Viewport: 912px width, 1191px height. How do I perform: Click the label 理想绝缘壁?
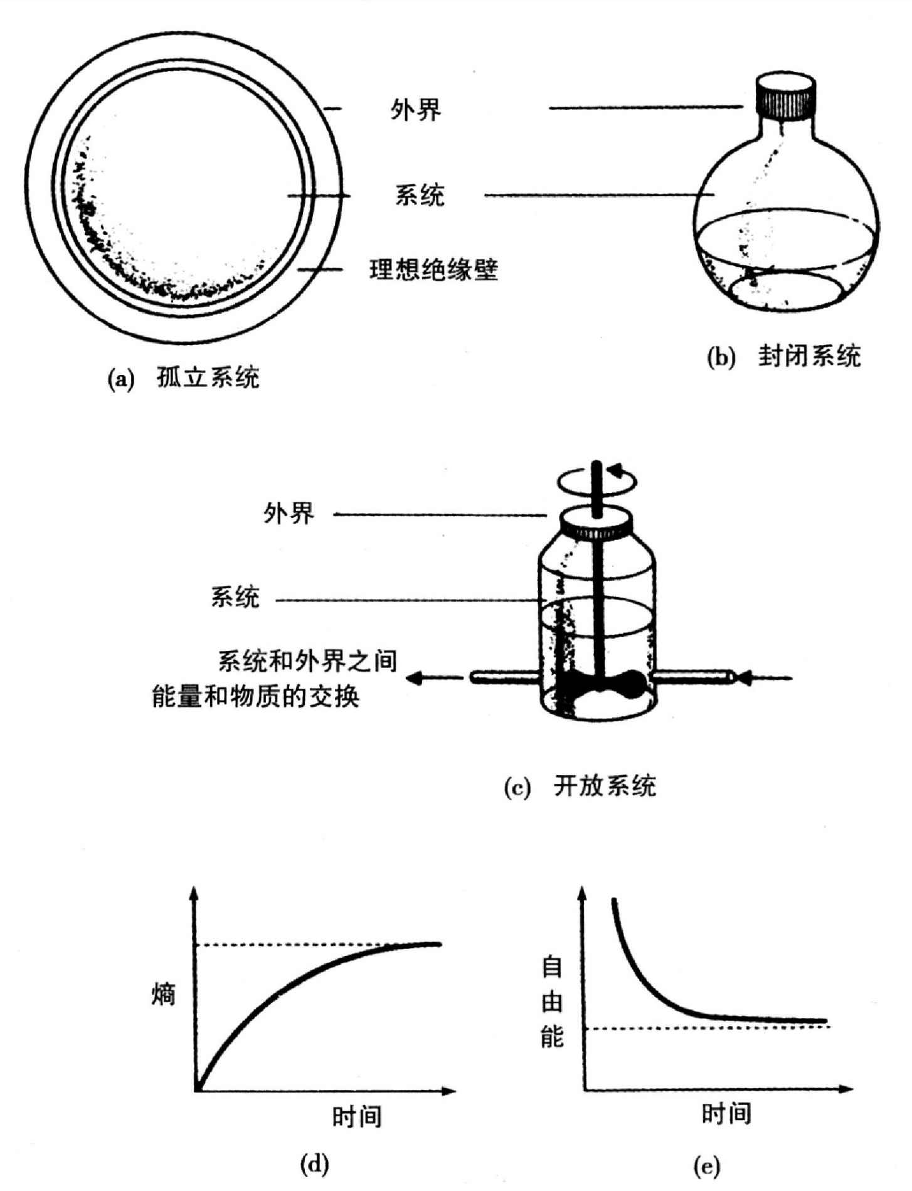click(433, 270)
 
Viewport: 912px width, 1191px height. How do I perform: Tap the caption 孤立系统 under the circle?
click(208, 378)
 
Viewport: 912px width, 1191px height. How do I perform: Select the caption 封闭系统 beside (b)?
click(809, 356)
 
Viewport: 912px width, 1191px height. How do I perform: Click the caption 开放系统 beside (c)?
click(605, 786)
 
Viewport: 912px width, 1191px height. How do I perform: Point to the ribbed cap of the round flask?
click(786, 97)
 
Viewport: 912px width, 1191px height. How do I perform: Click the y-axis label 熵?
click(163, 994)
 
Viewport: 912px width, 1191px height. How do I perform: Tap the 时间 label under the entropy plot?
click(357, 1117)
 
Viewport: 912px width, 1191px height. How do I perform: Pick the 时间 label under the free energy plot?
click(726, 1114)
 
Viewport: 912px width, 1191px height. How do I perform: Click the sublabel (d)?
click(315, 1165)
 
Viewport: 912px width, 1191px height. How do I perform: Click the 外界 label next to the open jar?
click(289, 514)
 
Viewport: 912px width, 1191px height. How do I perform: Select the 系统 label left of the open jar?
click(235, 597)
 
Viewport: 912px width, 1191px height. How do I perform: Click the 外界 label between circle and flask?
click(416, 110)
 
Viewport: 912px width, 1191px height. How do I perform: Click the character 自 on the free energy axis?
click(552, 968)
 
